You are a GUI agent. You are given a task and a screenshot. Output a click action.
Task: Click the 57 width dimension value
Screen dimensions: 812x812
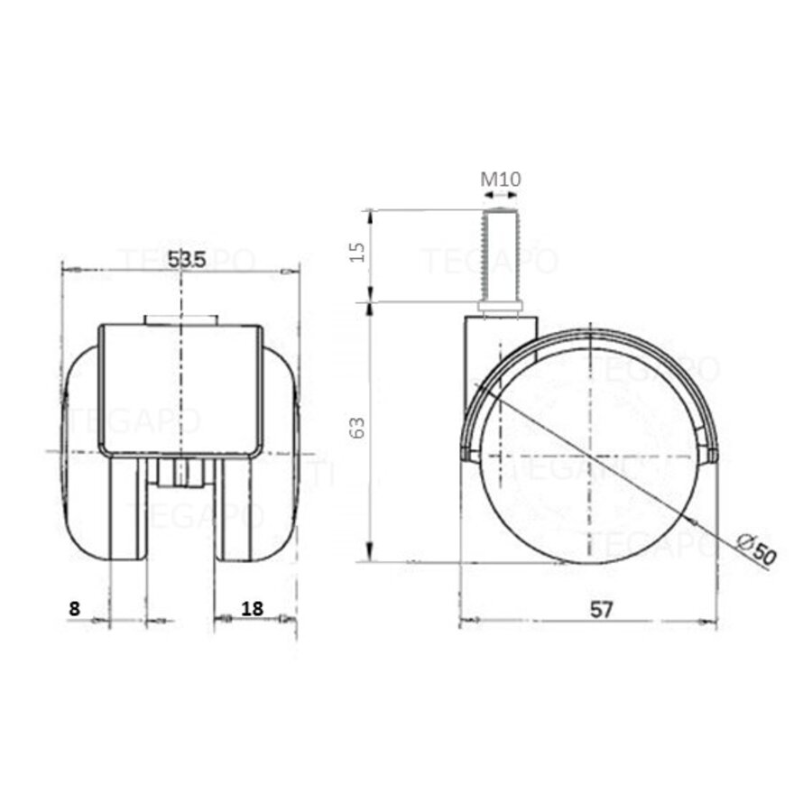(602, 609)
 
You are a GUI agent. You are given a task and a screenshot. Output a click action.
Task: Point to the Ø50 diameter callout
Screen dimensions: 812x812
(755, 549)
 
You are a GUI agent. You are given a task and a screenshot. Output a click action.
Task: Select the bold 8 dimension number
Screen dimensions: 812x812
(75, 609)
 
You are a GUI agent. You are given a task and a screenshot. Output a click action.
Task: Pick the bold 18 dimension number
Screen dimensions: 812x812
(253, 609)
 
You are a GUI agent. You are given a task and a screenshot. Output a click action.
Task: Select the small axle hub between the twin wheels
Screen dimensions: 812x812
(181, 473)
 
